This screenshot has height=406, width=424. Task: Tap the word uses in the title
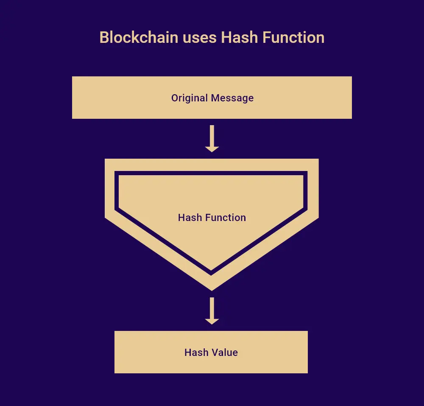click(x=200, y=38)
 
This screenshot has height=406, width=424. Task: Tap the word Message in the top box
click(x=232, y=98)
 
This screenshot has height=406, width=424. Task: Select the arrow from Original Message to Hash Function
click(x=212, y=138)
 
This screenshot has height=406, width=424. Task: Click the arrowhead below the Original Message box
click(x=212, y=149)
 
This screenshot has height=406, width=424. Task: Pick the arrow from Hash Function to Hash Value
click(x=212, y=311)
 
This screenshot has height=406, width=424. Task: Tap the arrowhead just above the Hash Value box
click(x=212, y=321)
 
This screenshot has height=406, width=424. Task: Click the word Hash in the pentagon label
click(x=190, y=218)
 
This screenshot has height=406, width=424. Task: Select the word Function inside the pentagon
click(x=226, y=218)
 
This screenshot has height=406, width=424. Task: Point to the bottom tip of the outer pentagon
click(x=212, y=291)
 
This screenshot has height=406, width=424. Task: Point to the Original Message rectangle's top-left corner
click(x=72, y=76)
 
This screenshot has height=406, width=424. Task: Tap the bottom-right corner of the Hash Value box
click(x=308, y=373)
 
